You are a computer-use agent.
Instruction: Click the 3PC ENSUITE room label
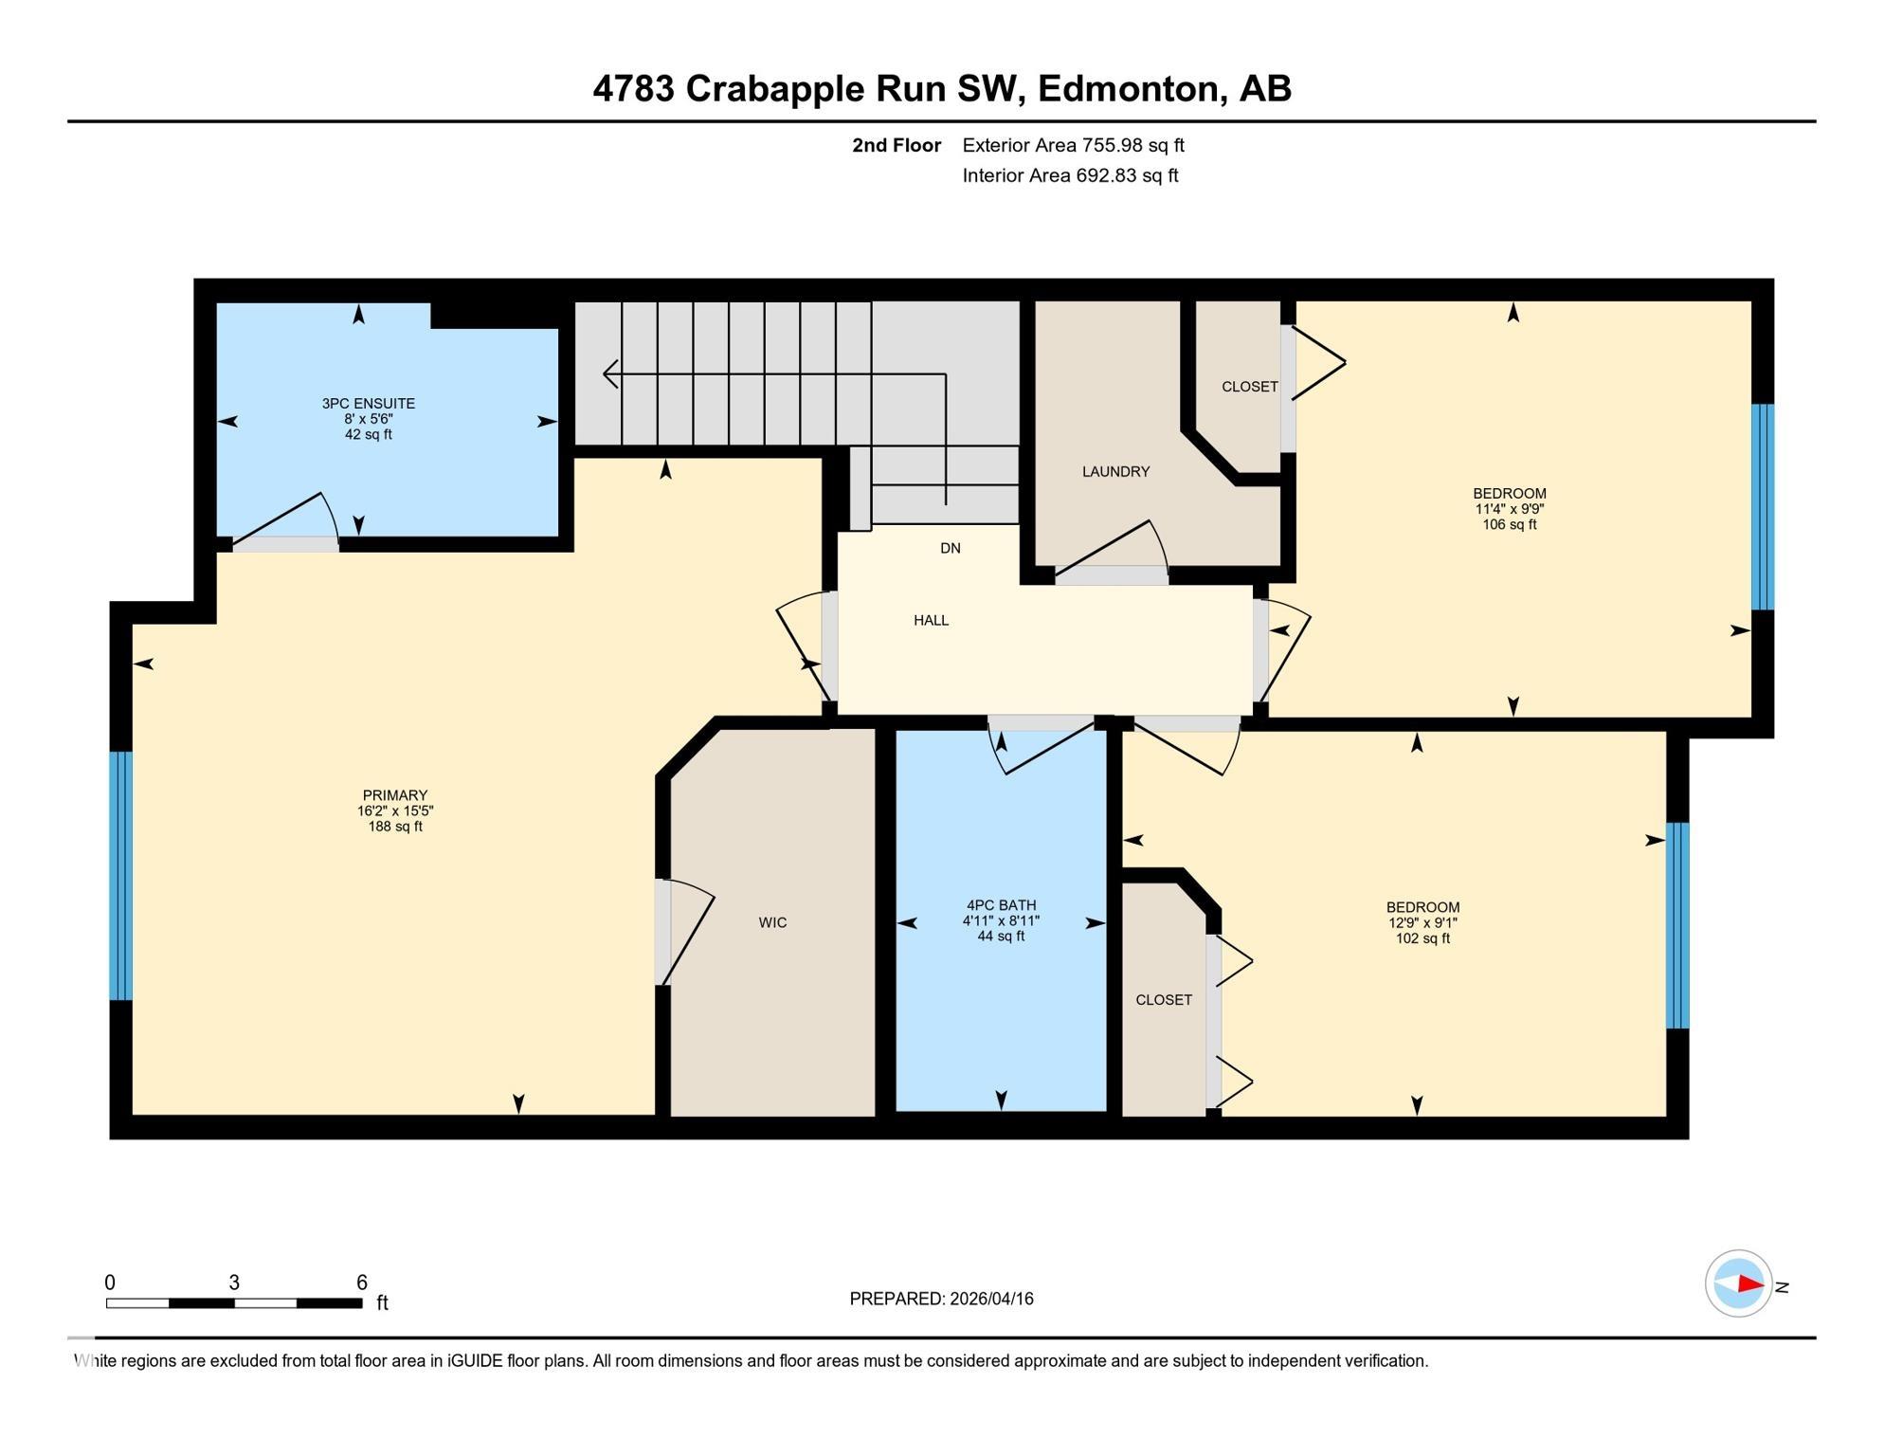coord(368,403)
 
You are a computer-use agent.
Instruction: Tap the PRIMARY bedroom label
coord(395,795)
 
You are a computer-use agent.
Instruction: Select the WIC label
coord(772,922)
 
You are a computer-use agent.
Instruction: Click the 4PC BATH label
coord(1001,905)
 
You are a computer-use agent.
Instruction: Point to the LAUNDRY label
coord(1115,471)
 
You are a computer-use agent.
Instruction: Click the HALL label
coord(931,620)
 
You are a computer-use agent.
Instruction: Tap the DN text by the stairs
coord(950,548)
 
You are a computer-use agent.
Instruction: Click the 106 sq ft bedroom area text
coord(1509,524)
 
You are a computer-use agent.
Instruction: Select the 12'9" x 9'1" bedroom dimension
coord(1422,922)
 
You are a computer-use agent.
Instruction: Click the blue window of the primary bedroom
coord(120,875)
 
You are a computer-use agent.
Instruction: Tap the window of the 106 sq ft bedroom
coord(1762,506)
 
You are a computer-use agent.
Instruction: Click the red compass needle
coord(1749,1284)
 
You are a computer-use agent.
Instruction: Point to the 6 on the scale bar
coord(361,1283)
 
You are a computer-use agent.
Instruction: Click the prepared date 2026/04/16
coord(988,1299)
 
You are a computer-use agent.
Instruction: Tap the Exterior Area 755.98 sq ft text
coord(1073,145)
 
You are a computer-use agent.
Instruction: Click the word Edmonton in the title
coord(1127,88)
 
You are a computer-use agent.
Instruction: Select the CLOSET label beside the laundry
coord(1249,387)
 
